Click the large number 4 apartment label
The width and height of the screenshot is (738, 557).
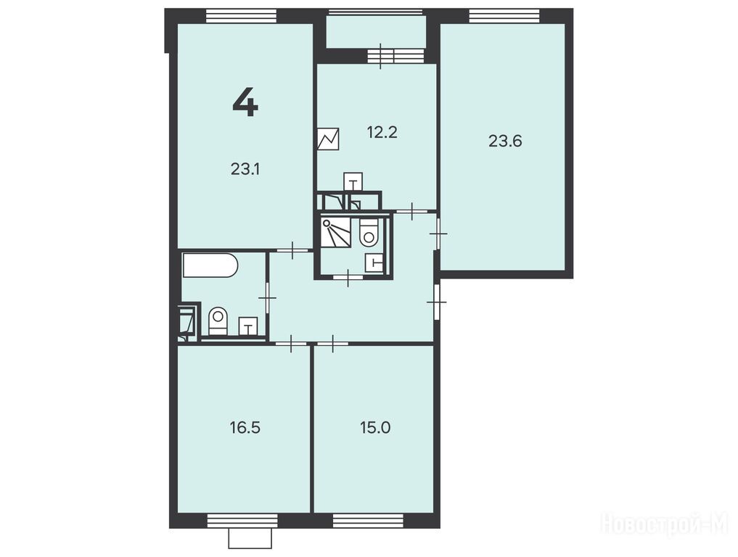pyautogui.click(x=245, y=103)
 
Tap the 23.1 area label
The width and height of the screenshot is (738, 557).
pyautogui.click(x=245, y=169)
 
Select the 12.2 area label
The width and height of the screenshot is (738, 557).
pyautogui.click(x=382, y=133)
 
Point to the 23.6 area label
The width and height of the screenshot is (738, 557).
pyautogui.click(x=505, y=141)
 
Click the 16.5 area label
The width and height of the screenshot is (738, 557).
pyautogui.click(x=245, y=428)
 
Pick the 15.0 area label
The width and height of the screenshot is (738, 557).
pyautogui.click(x=375, y=428)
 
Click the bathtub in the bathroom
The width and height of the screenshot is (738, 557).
pyautogui.click(x=210, y=265)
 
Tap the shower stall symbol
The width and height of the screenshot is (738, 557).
pyautogui.click(x=335, y=233)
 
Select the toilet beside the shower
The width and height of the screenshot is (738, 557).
pyautogui.click(x=369, y=233)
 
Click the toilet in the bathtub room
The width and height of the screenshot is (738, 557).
pyautogui.click(x=218, y=321)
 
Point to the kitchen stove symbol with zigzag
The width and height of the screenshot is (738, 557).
pyautogui.click(x=328, y=139)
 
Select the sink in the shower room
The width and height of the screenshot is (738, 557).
pyautogui.click(x=374, y=264)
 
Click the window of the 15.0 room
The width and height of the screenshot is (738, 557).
pyautogui.click(x=368, y=521)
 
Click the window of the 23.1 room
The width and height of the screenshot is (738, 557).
pyautogui.click(x=242, y=16)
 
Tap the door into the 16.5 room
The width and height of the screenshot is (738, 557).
pyautogui.click(x=291, y=344)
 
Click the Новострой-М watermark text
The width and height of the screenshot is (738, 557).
pyautogui.click(x=665, y=523)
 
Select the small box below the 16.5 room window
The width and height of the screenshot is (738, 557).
pyautogui.click(x=250, y=539)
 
